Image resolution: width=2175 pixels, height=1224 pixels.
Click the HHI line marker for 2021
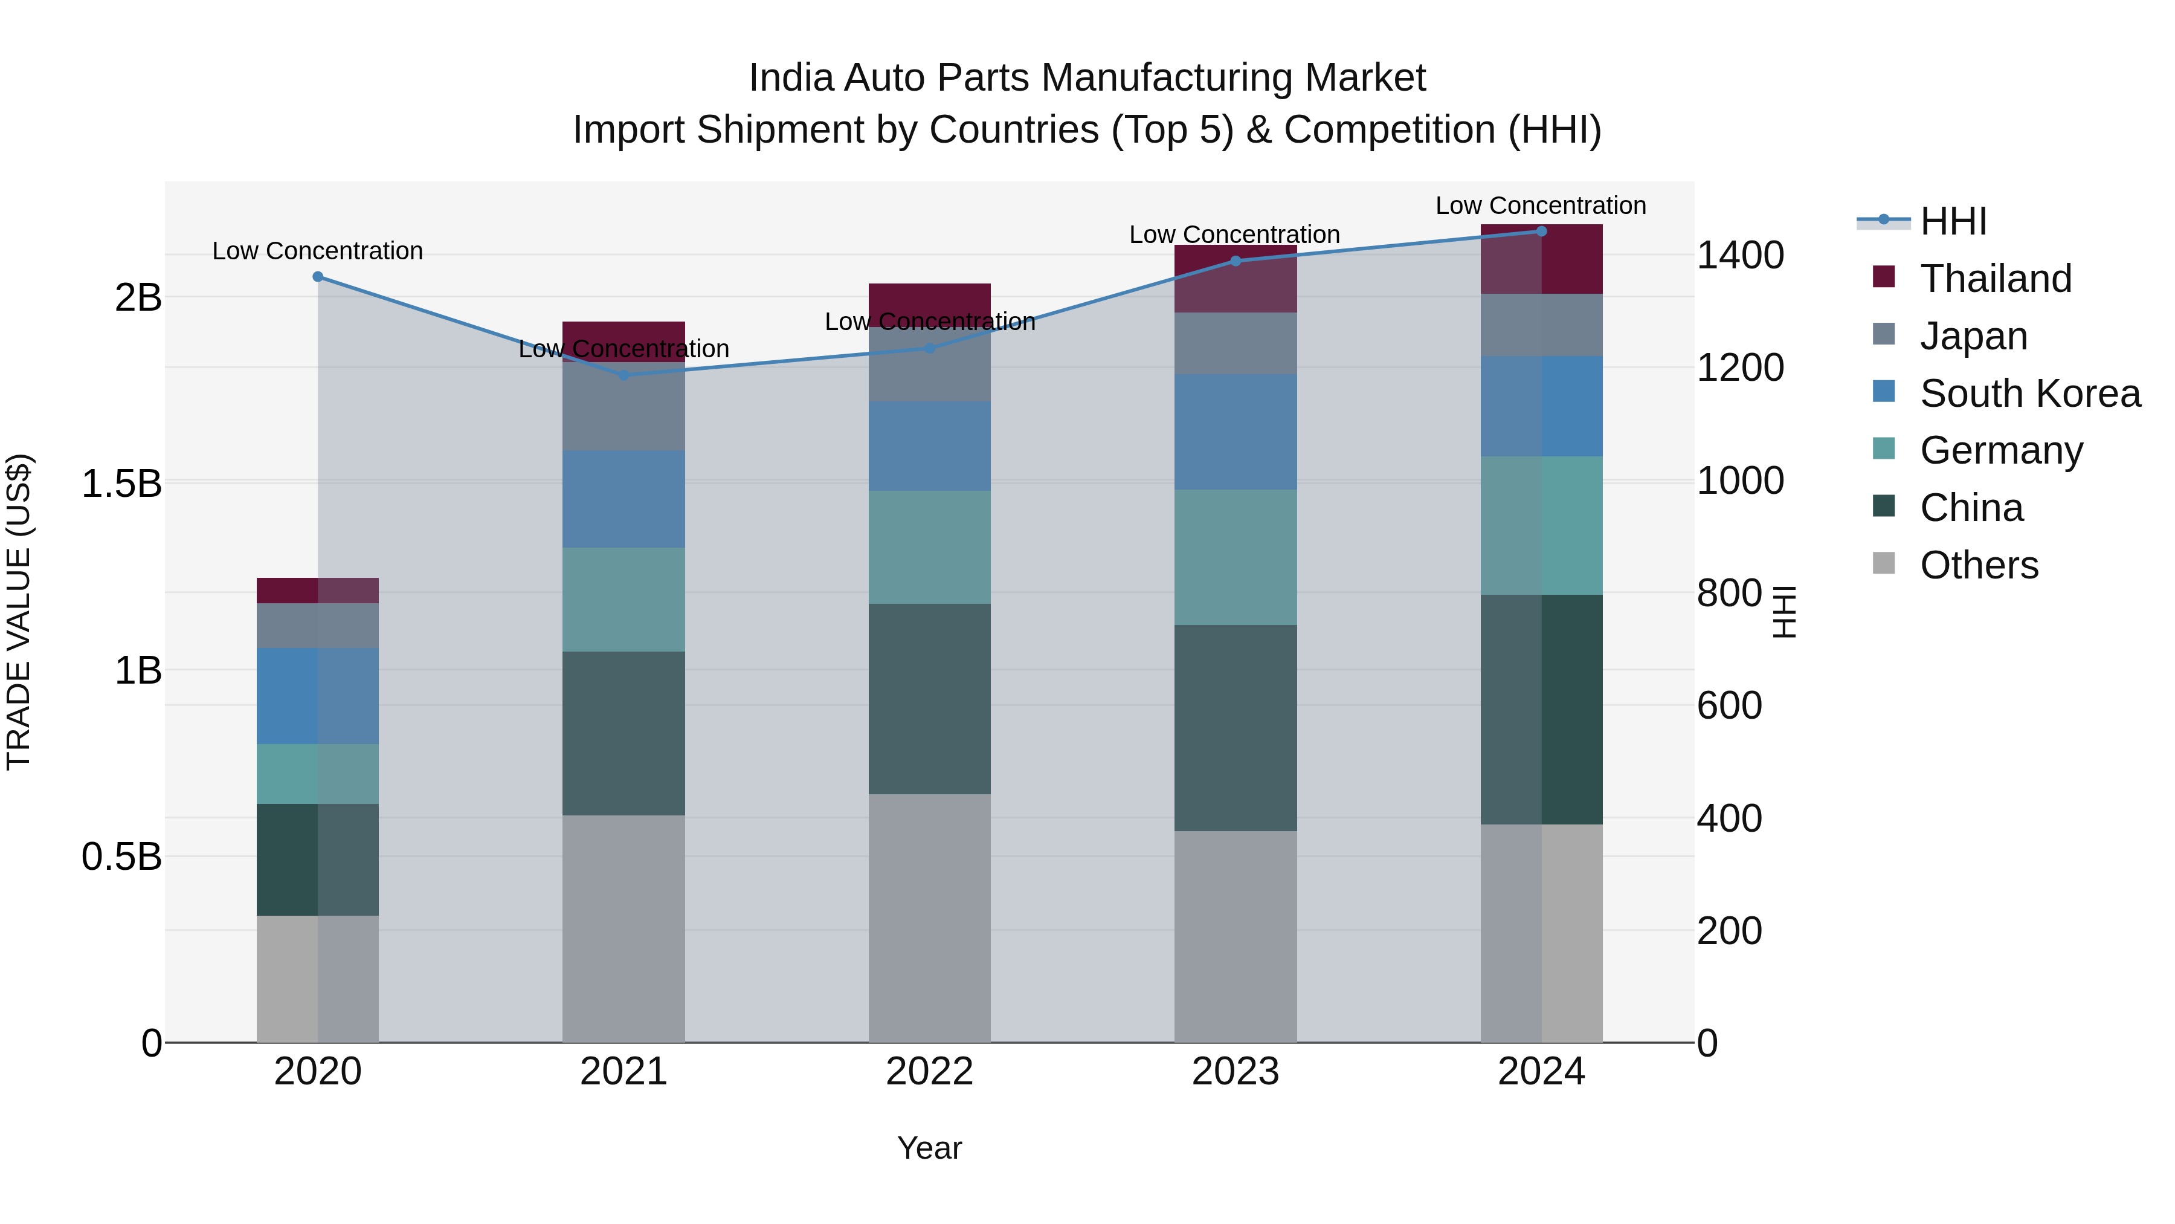point(624,375)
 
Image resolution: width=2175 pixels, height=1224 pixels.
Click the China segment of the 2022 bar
point(930,699)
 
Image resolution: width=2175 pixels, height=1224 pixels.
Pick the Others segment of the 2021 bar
point(624,928)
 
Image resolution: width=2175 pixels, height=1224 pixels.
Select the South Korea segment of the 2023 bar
point(1236,432)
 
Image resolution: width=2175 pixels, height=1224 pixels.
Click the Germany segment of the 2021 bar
point(624,600)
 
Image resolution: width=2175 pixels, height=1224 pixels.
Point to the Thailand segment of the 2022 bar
point(930,302)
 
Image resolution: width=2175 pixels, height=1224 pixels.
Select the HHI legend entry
point(1953,221)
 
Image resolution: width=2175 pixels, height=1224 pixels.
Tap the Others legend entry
point(1978,565)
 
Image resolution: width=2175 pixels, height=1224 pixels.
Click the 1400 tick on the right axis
point(1740,255)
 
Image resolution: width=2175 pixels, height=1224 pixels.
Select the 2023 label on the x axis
point(1236,1072)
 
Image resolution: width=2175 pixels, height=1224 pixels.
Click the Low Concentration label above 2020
point(317,251)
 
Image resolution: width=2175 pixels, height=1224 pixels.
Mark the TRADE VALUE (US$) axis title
point(19,612)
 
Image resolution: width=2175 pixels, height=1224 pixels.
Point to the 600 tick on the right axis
point(1729,705)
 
